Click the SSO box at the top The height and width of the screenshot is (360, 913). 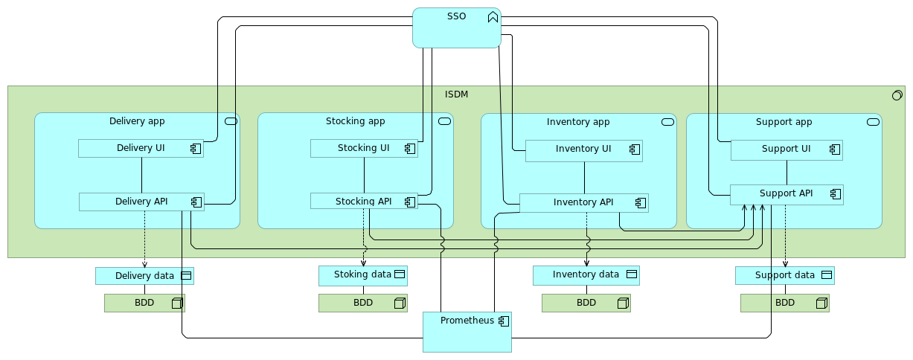[456, 28]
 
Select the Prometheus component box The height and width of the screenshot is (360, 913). [467, 332]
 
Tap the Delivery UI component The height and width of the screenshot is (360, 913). [141, 148]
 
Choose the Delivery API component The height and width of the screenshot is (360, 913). [141, 202]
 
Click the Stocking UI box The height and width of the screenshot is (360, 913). [363, 148]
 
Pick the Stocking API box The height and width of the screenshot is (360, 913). [363, 201]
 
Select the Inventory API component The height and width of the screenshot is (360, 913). [583, 202]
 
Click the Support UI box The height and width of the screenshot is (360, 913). [786, 150]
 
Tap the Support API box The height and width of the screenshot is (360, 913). [786, 194]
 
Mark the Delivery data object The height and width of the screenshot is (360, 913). [144, 276]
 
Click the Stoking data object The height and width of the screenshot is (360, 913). [362, 275]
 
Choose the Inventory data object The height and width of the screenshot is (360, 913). [586, 275]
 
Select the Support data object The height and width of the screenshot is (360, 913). [784, 275]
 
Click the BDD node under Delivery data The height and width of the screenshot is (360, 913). [144, 303]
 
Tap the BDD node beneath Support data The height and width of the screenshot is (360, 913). [784, 303]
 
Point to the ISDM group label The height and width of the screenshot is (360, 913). [456, 94]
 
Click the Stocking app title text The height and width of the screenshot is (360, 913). [355, 121]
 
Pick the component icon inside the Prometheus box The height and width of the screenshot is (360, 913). [504, 321]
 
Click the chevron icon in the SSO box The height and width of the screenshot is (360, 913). [493, 17]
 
